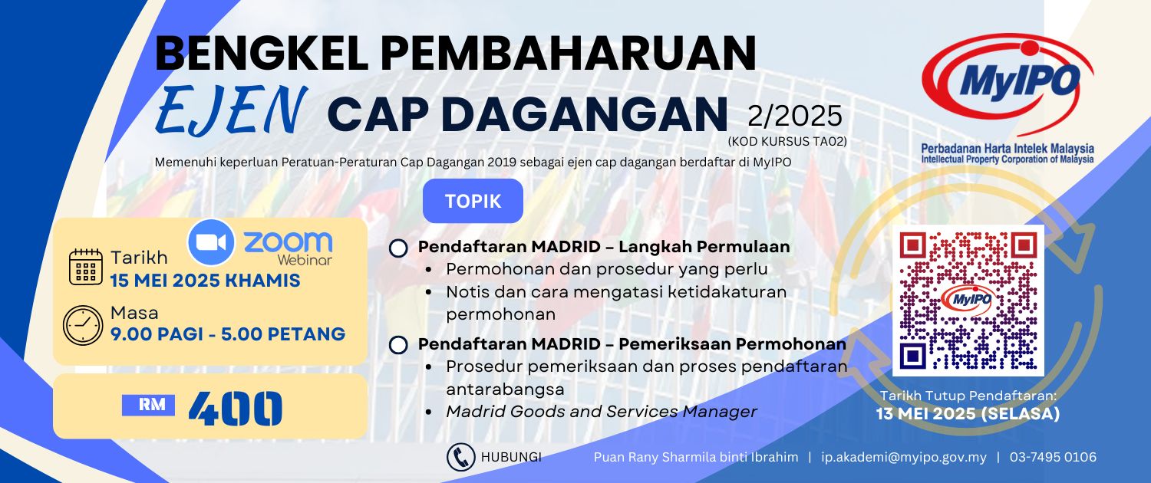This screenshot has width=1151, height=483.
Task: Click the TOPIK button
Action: coord(473,201)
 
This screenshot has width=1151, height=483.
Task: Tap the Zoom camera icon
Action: coord(211,242)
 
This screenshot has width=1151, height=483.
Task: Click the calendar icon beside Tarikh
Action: coord(86,267)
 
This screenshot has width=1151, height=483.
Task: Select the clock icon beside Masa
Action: coord(83,325)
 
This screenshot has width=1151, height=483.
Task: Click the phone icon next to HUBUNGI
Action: coord(460,457)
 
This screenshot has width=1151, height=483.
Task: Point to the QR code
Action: coord(968,301)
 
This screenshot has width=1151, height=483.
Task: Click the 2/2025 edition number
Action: coord(795,116)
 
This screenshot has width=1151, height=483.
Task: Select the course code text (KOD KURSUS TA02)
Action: coord(787,141)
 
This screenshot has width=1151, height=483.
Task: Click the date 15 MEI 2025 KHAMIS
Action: coord(205,281)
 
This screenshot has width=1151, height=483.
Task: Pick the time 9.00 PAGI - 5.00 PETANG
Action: coord(228,334)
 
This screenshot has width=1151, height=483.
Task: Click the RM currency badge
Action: coord(149,405)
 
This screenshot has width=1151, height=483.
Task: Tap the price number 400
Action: coord(236,409)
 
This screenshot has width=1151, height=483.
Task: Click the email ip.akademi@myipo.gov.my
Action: coord(904,457)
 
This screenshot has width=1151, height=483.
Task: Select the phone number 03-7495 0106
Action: coord(1053,457)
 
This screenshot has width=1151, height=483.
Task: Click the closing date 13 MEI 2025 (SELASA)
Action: coord(968,414)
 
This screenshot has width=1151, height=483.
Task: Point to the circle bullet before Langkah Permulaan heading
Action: coord(399,248)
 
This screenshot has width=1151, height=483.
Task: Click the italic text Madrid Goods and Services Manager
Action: coord(601,412)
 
